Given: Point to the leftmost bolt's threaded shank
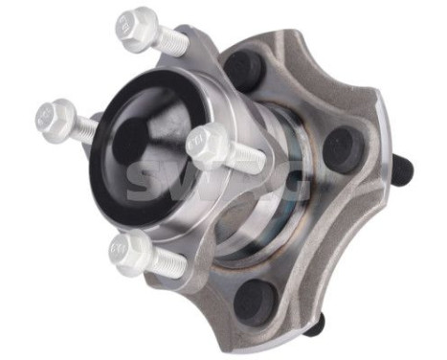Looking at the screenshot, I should [84, 129].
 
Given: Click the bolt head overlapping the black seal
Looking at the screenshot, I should [203, 145].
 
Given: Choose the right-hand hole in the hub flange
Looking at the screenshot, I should [339, 149].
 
